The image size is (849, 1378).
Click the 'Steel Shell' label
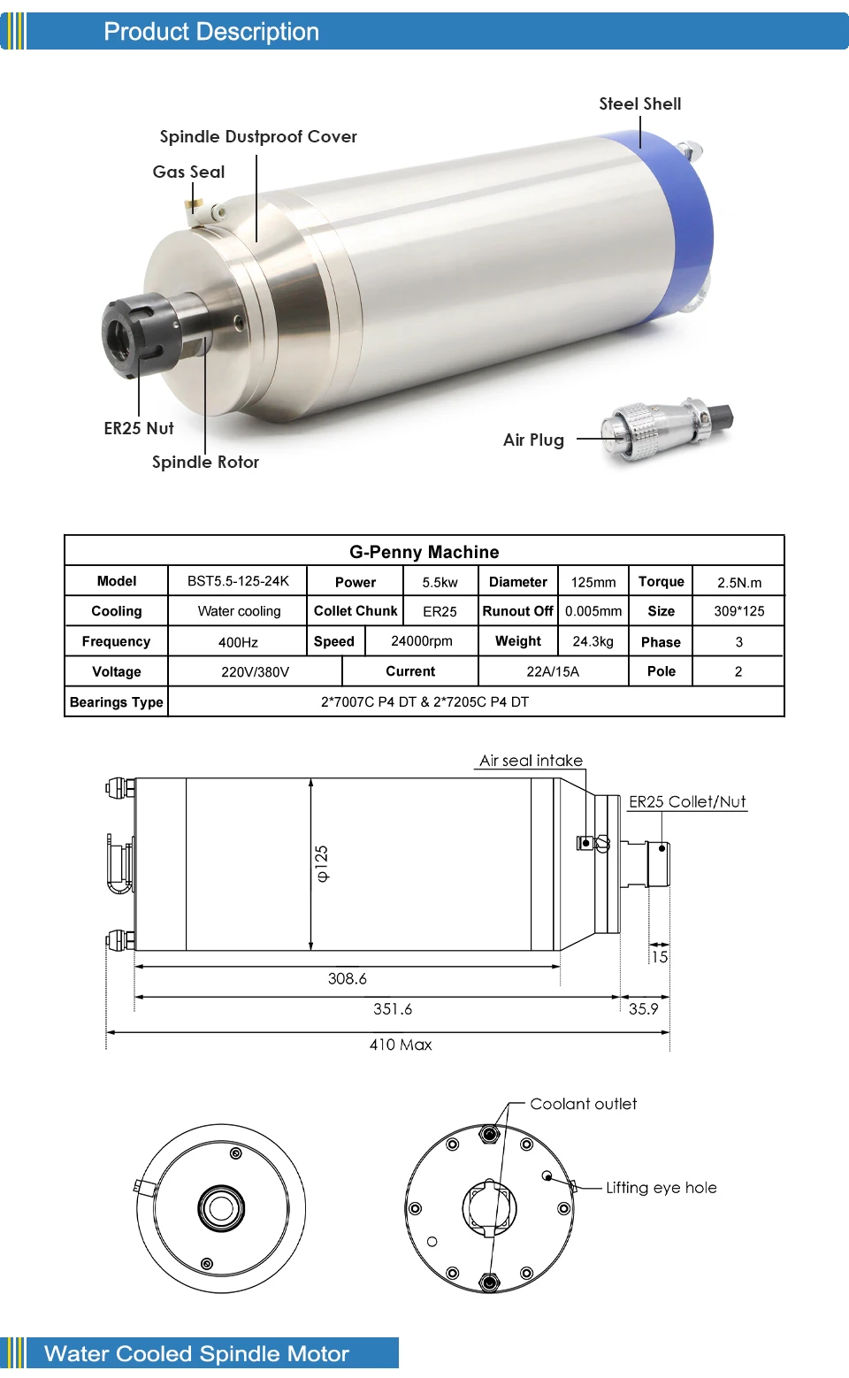pos(639,104)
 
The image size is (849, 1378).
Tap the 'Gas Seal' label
pos(188,172)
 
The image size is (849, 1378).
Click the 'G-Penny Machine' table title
pos(424,552)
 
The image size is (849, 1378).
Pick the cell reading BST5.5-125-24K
pos(238,581)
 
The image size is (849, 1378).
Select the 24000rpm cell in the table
pos(422,641)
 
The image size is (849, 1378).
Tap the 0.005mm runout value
pos(593,611)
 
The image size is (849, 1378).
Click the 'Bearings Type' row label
pos(116,702)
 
